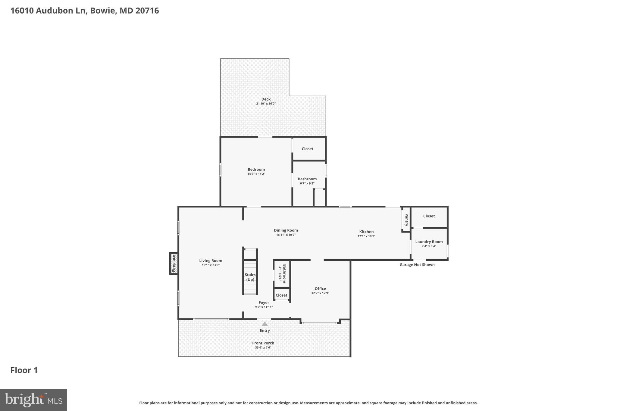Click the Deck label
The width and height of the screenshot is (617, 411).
266,99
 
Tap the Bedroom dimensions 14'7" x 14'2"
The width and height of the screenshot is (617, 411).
256,174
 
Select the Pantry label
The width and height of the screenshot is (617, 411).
406,220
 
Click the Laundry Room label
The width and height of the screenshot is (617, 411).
429,241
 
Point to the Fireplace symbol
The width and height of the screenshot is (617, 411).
174,263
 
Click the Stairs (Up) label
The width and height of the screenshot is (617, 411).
250,277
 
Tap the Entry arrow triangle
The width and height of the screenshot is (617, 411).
265,324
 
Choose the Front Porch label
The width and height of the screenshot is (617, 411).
263,343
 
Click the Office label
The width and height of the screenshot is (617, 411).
320,288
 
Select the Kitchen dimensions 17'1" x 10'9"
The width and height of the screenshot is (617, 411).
366,236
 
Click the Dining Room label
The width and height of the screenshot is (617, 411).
286,230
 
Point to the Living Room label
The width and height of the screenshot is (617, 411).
211,261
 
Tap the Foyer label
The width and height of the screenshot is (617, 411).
264,303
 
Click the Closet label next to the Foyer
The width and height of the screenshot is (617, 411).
281,295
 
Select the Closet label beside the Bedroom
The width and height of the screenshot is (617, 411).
307,149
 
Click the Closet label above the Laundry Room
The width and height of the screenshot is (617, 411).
429,216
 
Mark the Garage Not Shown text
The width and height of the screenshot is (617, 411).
417,265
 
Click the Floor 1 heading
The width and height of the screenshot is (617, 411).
24,370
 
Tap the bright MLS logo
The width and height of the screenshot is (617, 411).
33,400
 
